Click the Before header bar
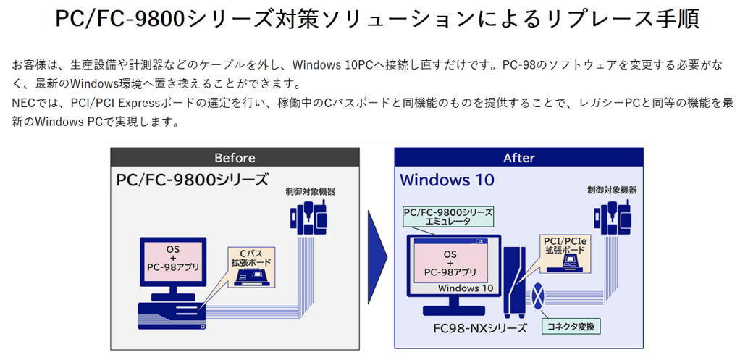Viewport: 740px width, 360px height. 235,157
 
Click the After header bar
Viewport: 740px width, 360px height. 518,157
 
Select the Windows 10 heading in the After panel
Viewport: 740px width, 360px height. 447,179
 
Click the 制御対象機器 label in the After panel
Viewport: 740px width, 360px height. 612,190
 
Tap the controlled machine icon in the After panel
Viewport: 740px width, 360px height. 611,214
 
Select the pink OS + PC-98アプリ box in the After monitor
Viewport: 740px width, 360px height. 450,263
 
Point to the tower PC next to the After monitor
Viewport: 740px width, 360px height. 515,282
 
